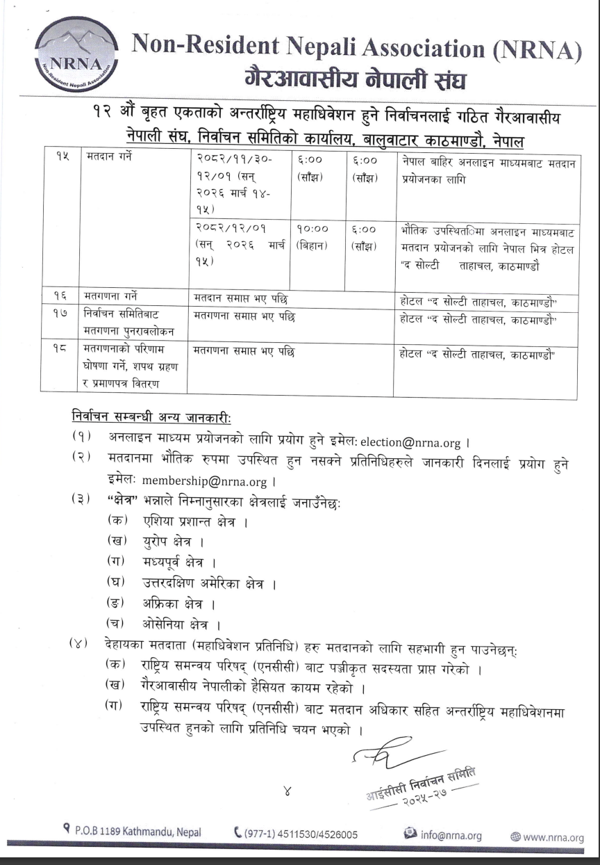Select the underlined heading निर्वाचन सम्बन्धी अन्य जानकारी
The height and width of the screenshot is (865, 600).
click(x=151, y=417)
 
